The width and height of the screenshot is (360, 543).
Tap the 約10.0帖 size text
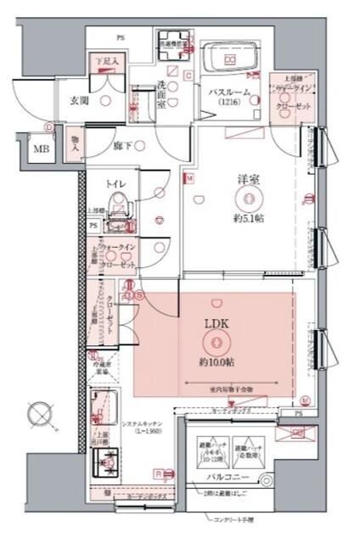pos(217,361)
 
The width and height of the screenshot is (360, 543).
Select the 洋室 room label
pos(248,179)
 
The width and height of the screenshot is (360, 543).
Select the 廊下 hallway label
pos(123,145)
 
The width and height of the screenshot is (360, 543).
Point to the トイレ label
pos(116,183)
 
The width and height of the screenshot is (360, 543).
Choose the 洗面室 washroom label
pos(162,91)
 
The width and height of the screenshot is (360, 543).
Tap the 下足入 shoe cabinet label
pos(106,62)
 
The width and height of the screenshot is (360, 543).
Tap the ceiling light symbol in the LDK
pos(217,342)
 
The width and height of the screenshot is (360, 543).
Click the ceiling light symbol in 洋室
pos(248,201)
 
